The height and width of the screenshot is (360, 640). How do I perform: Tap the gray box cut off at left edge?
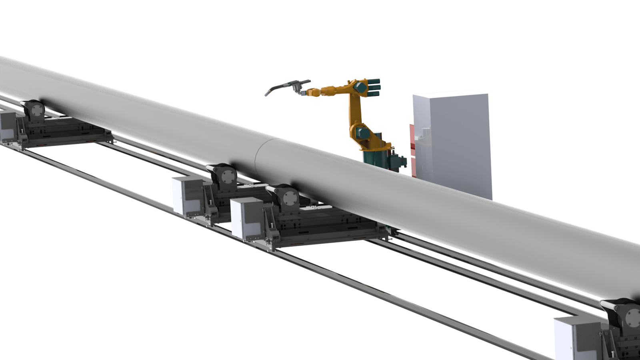[x=7, y=126]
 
